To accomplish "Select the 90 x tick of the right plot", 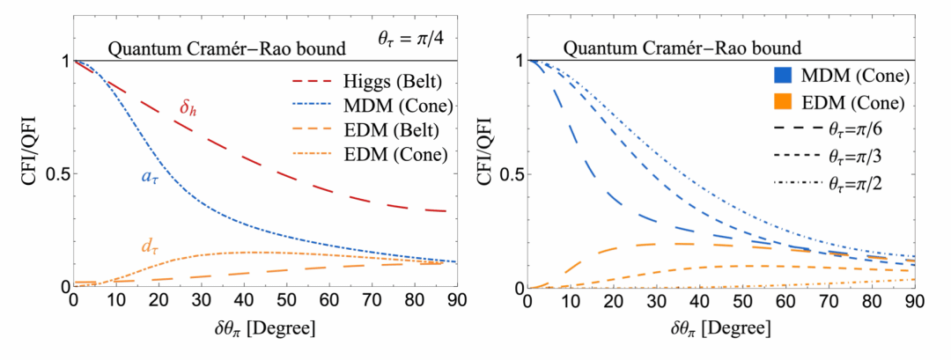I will (x=913, y=305).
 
